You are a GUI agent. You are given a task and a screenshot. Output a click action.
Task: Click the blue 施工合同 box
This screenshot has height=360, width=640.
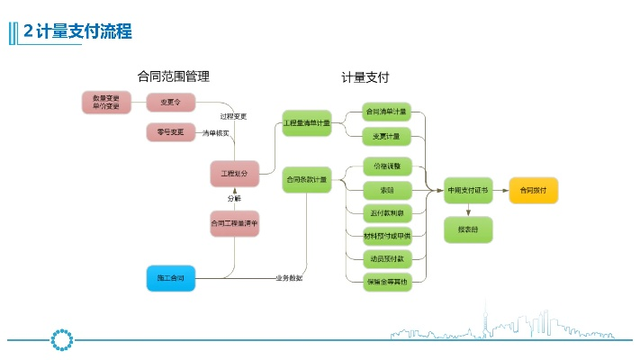(x=171, y=279)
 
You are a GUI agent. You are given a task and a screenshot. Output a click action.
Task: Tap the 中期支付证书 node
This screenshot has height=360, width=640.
(x=468, y=190)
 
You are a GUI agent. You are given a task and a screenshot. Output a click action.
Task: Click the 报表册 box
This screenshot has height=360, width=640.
(x=468, y=229)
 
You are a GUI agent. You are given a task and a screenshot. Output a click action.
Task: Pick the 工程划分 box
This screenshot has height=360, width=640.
(x=234, y=172)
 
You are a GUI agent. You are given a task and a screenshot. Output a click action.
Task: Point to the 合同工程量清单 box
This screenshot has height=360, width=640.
(x=234, y=223)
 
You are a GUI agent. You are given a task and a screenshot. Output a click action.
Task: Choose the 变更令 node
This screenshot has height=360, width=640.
(x=170, y=103)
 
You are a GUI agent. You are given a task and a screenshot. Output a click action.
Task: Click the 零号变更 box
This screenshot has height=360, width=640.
(x=170, y=132)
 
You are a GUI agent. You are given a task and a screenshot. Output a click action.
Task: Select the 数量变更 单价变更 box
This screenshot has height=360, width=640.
(x=106, y=103)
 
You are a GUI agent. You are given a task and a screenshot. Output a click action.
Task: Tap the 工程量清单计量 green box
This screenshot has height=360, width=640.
(x=307, y=122)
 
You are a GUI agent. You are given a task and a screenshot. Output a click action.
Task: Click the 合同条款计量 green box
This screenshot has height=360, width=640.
(x=307, y=180)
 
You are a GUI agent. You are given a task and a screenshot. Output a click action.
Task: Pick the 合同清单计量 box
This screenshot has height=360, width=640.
(x=386, y=112)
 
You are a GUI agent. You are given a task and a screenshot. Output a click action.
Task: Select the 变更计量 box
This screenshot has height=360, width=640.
(x=386, y=136)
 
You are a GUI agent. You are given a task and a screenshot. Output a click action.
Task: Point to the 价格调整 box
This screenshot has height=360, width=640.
(x=386, y=166)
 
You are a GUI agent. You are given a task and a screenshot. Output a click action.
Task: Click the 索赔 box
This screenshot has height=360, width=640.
(x=386, y=190)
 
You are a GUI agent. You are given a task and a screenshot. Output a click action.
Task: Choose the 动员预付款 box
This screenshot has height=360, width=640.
(x=386, y=258)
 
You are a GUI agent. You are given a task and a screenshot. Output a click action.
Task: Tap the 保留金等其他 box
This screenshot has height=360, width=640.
(x=386, y=282)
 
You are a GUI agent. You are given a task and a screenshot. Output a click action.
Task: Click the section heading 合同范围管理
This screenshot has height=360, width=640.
(x=179, y=77)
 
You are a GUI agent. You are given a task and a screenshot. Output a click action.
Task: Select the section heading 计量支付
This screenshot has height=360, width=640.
(x=365, y=77)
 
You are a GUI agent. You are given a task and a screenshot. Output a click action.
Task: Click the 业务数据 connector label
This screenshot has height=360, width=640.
(x=289, y=278)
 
